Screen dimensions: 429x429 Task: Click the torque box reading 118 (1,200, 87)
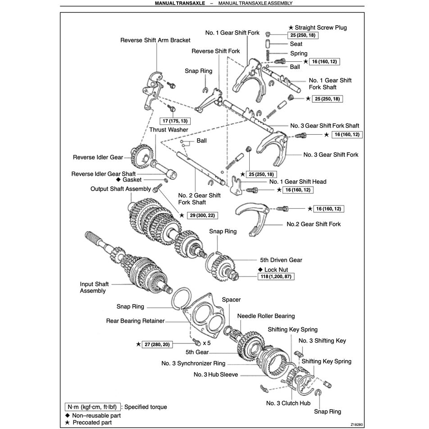tap(273, 276)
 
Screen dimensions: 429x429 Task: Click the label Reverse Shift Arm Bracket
tap(155, 40)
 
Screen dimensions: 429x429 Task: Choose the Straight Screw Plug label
tap(320, 27)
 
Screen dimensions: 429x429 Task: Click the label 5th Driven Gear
tap(281, 260)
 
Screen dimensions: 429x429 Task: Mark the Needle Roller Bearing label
tap(266, 316)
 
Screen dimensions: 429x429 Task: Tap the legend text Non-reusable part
tap(96, 415)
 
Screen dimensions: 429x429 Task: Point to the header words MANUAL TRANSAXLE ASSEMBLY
tap(255, 3)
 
